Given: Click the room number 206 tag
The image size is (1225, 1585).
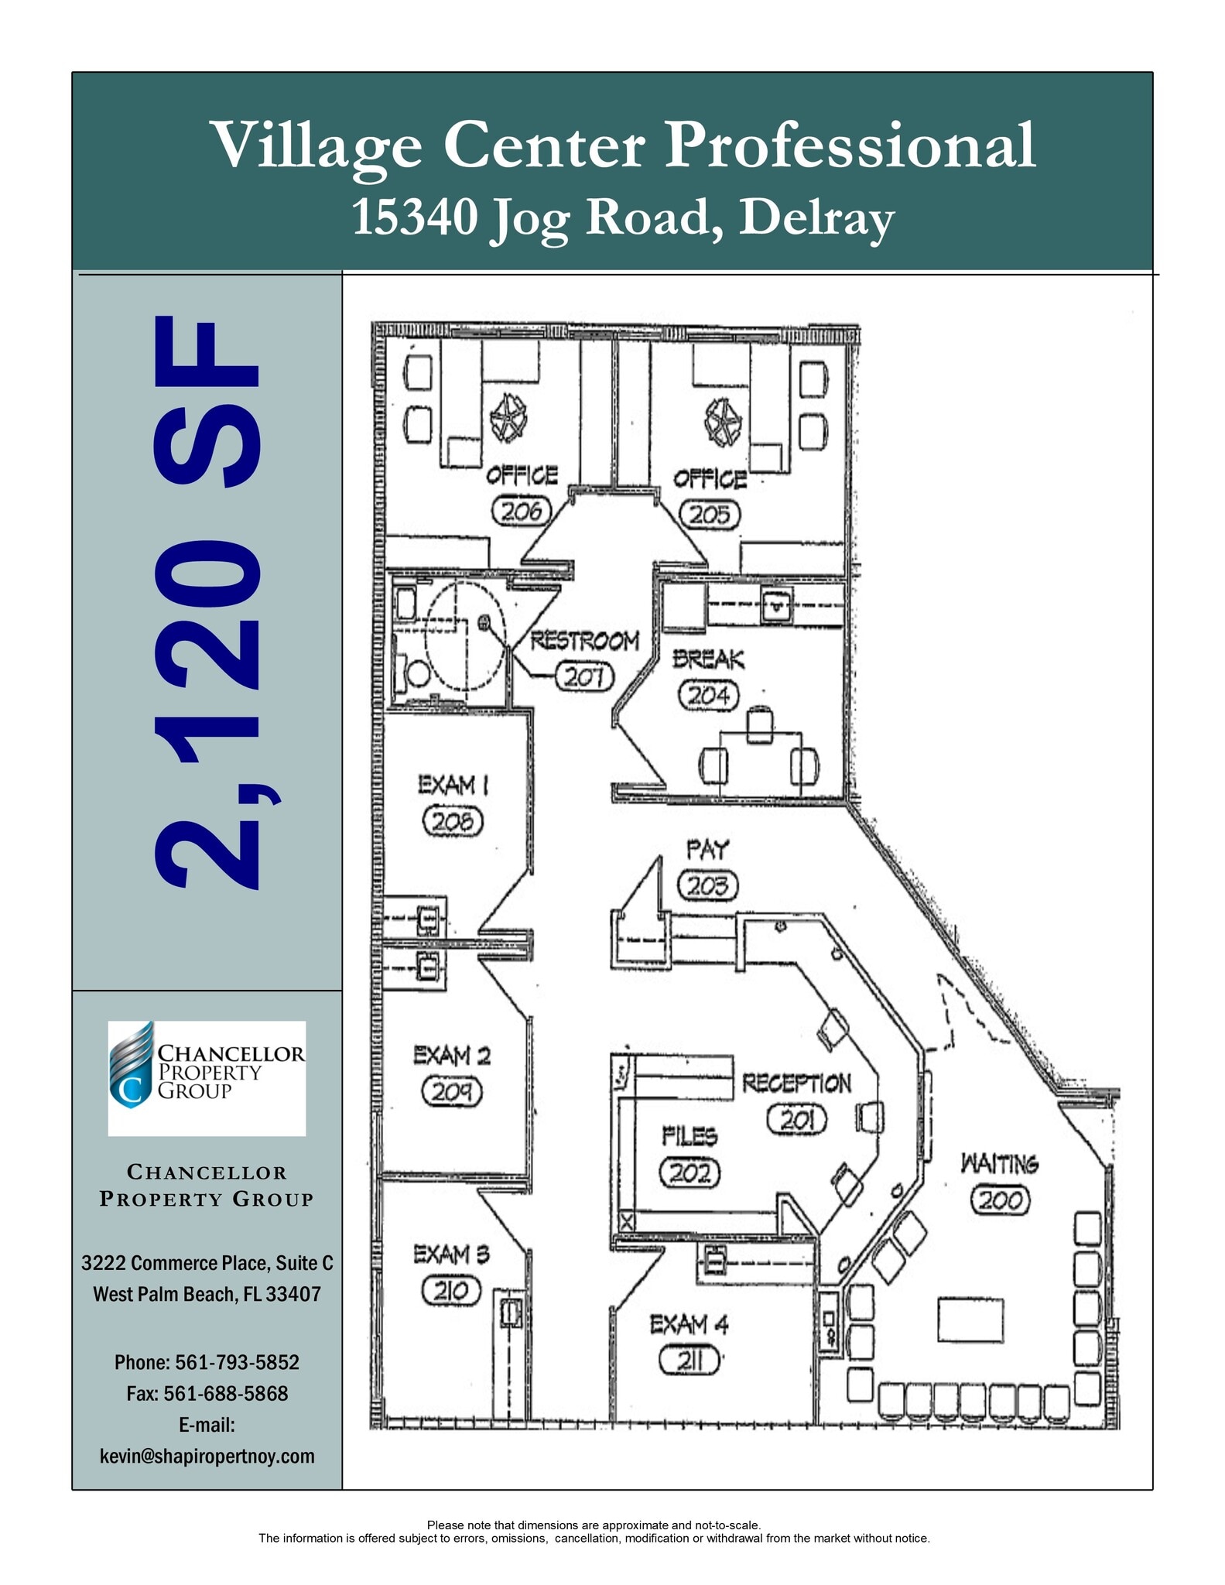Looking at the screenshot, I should [x=522, y=511].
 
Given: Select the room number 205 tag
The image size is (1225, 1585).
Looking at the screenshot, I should [x=710, y=515].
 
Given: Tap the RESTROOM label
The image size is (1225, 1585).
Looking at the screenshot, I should [x=584, y=641].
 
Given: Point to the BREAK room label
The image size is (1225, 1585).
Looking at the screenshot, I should [x=708, y=659].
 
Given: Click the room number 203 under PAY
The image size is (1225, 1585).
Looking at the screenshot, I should [x=707, y=885].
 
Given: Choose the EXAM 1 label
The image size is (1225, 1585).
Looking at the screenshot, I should [x=453, y=785].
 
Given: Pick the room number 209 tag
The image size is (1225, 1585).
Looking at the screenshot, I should [x=452, y=1092].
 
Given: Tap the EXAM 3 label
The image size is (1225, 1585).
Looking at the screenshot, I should [x=451, y=1255].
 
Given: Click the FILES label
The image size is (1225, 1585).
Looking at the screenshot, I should [x=689, y=1136].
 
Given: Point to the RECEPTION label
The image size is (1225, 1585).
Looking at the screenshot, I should [x=796, y=1083].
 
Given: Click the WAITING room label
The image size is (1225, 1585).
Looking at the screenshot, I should [x=1000, y=1164].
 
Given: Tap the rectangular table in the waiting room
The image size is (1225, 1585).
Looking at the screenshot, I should [x=970, y=1320].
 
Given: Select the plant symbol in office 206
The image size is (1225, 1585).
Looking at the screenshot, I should [x=508, y=418].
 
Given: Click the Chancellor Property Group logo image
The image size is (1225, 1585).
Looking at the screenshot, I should [x=207, y=1078].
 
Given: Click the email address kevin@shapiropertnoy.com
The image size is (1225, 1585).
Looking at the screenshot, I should [x=207, y=1456].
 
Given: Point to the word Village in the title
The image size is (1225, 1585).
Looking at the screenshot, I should [x=317, y=145].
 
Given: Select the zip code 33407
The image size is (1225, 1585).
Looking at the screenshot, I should [x=293, y=1294].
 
